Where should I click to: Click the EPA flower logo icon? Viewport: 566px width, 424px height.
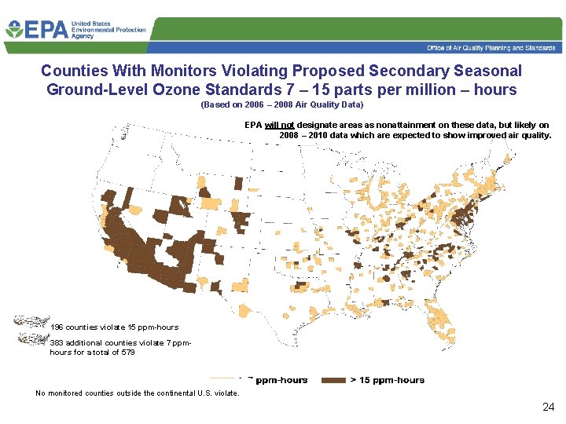point(14,30)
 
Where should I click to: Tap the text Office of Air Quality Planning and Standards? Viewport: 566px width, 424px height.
point(491,48)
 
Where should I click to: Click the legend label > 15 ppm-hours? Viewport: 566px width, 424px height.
point(387,380)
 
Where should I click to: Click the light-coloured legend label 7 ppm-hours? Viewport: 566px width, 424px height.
point(279,380)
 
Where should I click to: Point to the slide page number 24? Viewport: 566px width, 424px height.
point(549,407)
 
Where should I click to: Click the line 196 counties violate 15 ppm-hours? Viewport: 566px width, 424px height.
point(114,327)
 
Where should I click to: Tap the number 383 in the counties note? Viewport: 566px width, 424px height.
point(57,343)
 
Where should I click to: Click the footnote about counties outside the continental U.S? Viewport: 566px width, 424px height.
point(138,393)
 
